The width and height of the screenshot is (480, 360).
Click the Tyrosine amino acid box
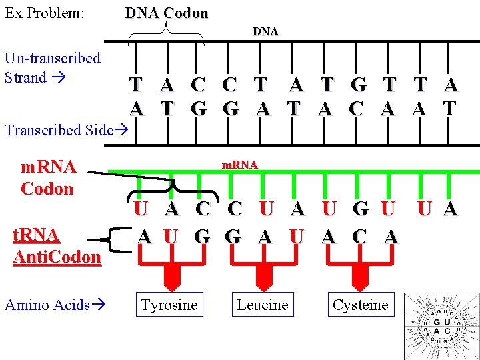click(x=169, y=305)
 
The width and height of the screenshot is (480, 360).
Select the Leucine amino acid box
click(x=263, y=305)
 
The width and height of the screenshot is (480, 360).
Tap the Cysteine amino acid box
click(x=360, y=305)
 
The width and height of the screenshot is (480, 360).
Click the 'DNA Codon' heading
click(x=167, y=13)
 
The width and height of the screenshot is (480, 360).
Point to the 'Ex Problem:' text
click(x=44, y=13)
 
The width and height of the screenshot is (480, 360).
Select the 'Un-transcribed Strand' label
click(x=52, y=67)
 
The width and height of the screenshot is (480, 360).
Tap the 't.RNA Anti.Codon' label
click(x=57, y=245)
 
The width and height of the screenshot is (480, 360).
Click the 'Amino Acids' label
click(x=54, y=305)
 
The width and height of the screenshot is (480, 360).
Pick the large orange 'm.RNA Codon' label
click(x=47, y=177)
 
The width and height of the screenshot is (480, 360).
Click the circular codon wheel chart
click(x=441, y=327)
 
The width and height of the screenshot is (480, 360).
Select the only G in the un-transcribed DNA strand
click(x=357, y=85)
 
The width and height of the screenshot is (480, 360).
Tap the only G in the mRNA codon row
click(x=360, y=209)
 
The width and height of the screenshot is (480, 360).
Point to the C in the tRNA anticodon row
click(x=359, y=236)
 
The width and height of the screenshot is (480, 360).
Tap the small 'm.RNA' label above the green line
click(x=239, y=164)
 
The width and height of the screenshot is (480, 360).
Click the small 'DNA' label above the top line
click(x=265, y=31)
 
